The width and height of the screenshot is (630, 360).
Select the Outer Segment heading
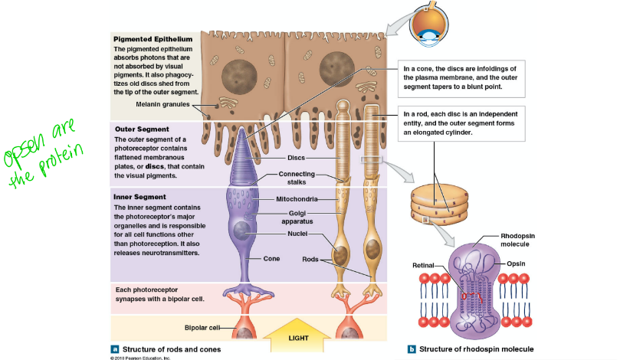[x=141, y=129]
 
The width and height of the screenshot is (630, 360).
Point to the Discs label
[x=297, y=158]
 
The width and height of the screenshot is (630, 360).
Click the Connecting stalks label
[x=297, y=178]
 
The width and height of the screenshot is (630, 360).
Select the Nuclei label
[x=297, y=233]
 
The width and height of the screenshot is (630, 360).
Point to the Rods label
[x=310, y=259]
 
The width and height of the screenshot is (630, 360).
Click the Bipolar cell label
[x=202, y=328]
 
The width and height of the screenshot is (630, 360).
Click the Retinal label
[x=423, y=265]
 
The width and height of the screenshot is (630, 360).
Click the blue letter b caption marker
[x=412, y=349]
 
